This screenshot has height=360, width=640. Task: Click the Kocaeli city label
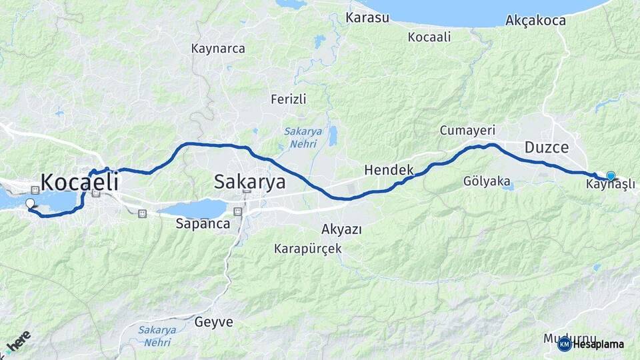click(79, 182)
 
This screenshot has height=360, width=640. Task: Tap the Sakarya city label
click(249, 182)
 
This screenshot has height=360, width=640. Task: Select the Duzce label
click(546, 147)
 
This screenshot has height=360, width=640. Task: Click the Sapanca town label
click(203, 224)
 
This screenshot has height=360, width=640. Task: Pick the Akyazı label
click(341, 230)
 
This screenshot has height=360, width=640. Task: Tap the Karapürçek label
click(307, 249)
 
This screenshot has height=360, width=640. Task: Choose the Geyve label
click(214, 322)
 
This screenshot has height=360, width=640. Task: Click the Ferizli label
click(288, 99)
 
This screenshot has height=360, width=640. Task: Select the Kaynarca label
click(218, 49)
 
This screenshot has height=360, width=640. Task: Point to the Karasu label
click(367, 17)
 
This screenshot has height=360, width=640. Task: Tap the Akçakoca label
click(536, 21)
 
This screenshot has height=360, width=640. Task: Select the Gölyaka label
click(487, 181)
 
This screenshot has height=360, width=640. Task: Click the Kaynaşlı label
click(610, 185)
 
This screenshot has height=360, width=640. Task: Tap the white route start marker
click(29, 204)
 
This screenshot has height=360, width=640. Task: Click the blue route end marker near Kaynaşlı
click(610, 175)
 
